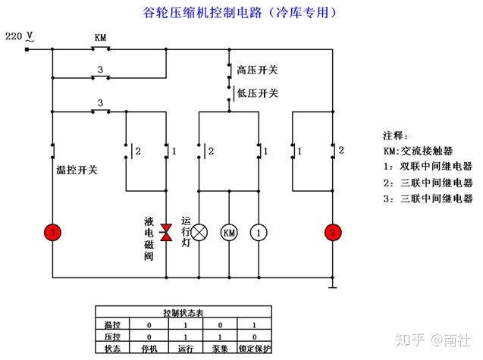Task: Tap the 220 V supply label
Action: tap(19, 36)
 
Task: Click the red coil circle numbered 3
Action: tap(52, 233)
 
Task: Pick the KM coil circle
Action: tap(229, 233)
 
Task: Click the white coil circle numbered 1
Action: tap(259, 233)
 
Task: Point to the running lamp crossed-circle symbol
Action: tap(199, 233)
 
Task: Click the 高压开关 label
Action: tap(257, 70)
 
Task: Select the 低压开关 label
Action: tap(257, 93)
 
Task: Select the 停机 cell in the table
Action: tap(148, 349)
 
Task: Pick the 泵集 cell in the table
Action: tap(218, 349)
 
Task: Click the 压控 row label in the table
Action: tap(111, 337)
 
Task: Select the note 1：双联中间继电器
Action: tap(427, 166)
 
